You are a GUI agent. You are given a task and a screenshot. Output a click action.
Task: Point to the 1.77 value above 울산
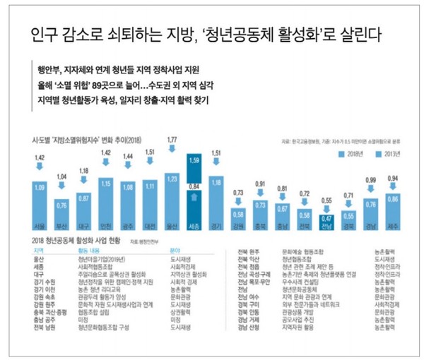coord(170,140)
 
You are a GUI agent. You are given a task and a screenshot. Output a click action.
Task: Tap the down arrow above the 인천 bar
coord(106,164)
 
